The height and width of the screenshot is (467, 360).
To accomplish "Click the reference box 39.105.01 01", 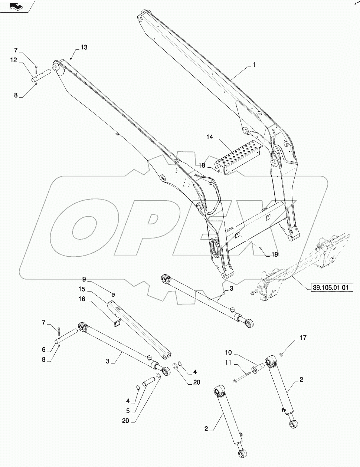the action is click(x=330, y=287).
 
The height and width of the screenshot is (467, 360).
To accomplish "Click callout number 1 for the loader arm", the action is click(x=254, y=65).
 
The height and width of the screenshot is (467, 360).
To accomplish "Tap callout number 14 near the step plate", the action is click(x=210, y=137).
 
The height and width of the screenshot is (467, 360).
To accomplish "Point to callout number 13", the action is click(x=84, y=47).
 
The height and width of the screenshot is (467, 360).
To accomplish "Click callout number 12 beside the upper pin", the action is click(x=14, y=60).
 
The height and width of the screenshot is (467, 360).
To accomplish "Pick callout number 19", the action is click(x=274, y=254).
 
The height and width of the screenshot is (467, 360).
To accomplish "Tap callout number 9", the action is click(x=84, y=279).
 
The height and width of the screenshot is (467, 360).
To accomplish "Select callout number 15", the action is click(x=82, y=289).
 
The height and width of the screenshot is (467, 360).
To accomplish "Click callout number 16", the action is click(x=82, y=299).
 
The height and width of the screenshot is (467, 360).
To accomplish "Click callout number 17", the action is click(x=303, y=338).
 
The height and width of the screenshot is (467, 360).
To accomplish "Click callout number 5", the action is click(x=128, y=411).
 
